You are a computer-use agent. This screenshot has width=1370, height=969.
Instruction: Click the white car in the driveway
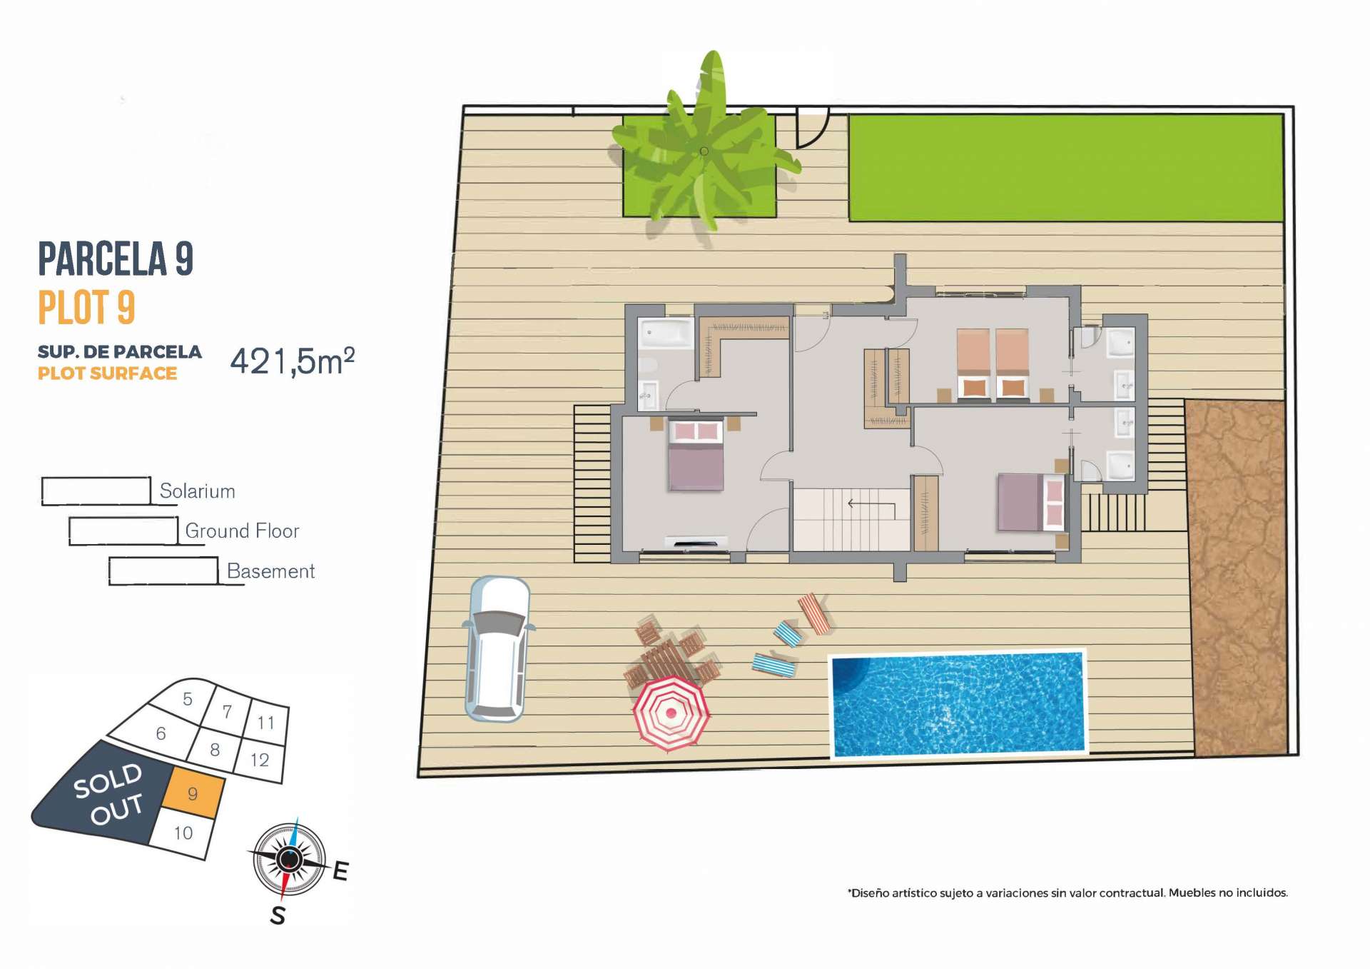coord(497,648)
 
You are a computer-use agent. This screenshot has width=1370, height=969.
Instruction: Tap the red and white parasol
coord(671,713)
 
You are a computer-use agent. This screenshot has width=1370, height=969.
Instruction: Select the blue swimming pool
coord(958,704)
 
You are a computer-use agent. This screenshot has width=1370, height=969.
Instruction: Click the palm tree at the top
coord(703,146)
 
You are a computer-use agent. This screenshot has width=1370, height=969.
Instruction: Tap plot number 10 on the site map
coord(183,833)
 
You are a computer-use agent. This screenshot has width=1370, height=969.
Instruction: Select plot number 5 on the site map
coord(188,698)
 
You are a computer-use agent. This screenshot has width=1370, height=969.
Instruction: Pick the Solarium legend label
coord(197,491)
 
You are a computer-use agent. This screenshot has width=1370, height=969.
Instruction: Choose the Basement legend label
coord(270,571)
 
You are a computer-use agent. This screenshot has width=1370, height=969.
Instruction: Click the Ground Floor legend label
coord(242,531)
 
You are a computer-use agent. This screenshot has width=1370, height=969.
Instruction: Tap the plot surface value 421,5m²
coord(293,361)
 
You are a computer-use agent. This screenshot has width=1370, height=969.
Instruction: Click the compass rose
coord(289,859)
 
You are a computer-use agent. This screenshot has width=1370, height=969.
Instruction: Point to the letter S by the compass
coord(278,915)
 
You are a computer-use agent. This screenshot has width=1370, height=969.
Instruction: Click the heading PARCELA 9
coord(116,258)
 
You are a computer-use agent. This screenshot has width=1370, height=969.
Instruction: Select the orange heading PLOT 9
coord(86,308)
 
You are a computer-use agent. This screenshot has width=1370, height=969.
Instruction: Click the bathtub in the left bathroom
coord(667,332)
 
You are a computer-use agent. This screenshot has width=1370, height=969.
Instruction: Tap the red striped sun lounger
coord(813,614)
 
